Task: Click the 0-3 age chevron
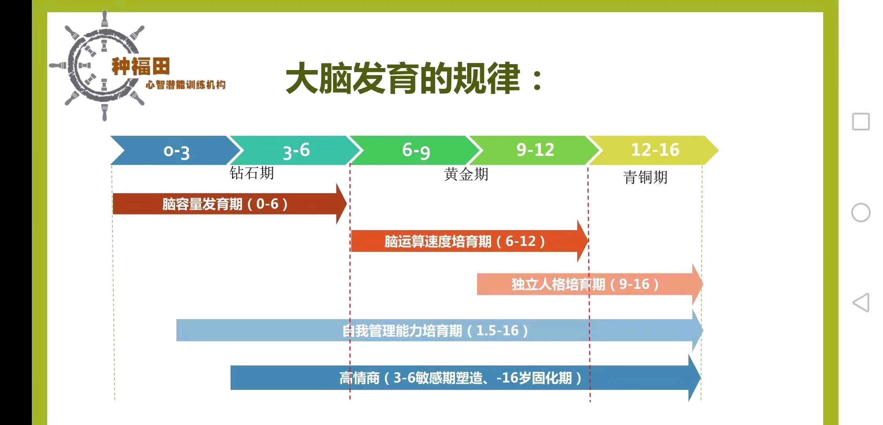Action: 175,150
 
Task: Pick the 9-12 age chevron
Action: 536,150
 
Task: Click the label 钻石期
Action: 252,173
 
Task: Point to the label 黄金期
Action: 466,174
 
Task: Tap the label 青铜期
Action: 646,177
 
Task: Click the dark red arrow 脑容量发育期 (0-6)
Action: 229,204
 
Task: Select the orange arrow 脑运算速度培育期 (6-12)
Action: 469,241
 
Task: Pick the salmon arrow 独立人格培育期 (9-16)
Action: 590,284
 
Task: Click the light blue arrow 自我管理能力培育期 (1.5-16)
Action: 440,330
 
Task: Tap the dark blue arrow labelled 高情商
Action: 466,378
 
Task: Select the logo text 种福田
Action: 141,66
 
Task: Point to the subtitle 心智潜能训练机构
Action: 186,85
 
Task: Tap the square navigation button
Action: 861,122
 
